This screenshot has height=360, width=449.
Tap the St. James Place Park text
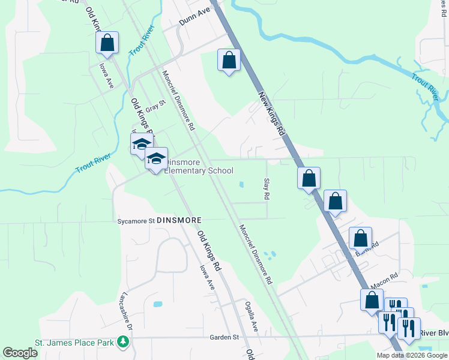click(75, 343)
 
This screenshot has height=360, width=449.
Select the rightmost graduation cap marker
click(156, 159)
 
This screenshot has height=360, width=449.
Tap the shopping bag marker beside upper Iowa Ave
click(106, 43)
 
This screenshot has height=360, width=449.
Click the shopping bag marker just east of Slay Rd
click(309, 178)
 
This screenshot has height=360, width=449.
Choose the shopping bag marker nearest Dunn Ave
click(229, 60)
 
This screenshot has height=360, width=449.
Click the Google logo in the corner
click(20, 352)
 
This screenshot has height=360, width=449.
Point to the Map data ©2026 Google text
click(412, 355)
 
